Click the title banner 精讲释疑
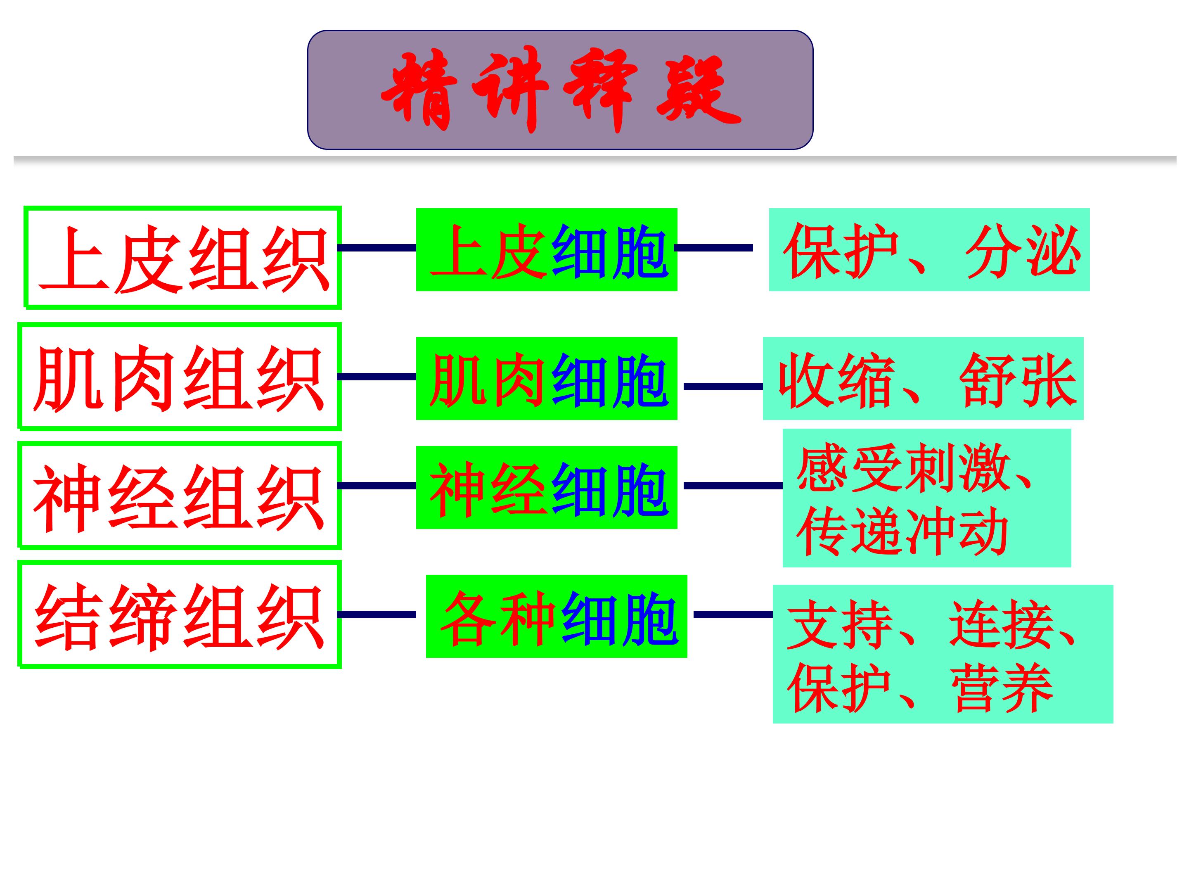click(560, 90)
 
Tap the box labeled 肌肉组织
click(180, 376)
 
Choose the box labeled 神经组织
click(180, 495)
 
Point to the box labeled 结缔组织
click(180, 614)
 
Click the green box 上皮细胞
click(547, 249)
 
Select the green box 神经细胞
click(547, 488)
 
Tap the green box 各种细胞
click(557, 616)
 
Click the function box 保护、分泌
click(929, 249)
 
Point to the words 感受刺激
click(903, 467)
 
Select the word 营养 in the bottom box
click(1002, 688)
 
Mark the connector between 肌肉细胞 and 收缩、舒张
click(723, 387)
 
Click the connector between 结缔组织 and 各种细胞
click(377, 614)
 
